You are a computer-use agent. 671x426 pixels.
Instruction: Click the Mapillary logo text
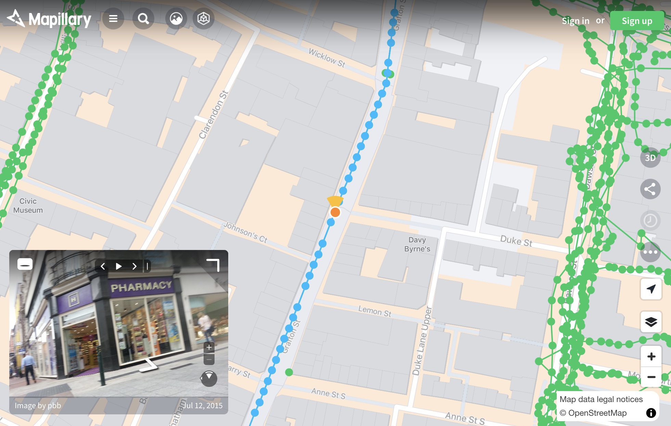click(x=60, y=20)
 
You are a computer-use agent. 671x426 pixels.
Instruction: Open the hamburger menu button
click(x=113, y=18)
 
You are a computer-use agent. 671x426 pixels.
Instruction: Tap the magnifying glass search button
click(x=143, y=18)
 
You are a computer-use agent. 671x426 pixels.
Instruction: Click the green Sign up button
click(x=637, y=21)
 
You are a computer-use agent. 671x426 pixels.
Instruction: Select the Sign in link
click(x=576, y=21)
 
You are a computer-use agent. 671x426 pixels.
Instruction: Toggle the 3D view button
click(x=650, y=158)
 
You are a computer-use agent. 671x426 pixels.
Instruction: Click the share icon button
click(x=650, y=189)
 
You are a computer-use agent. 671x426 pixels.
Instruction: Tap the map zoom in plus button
click(x=651, y=356)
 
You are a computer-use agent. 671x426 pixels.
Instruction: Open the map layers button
click(x=651, y=322)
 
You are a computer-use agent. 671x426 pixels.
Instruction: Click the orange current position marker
click(x=335, y=212)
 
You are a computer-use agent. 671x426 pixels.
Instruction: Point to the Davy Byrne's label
click(x=417, y=244)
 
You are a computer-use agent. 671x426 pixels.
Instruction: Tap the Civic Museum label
click(x=28, y=206)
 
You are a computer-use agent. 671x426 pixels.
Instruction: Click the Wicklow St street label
click(x=327, y=58)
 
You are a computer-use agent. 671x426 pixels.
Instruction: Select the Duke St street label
click(x=516, y=241)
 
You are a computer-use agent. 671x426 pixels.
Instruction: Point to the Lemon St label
click(x=375, y=311)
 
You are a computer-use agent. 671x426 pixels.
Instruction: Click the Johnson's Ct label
click(x=245, y=232)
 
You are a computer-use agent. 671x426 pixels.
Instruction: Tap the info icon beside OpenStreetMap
click(x=651, y=413)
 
